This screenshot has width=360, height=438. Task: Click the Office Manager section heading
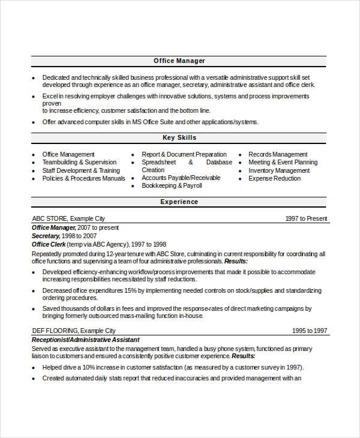pyautogui.click(x=179, y=61)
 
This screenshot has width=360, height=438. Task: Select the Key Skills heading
pyautogui.click(x=179, y=137)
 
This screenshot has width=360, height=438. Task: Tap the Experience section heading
pyautogui.click(x=179, y=202)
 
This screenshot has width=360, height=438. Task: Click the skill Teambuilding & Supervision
pyautogui.click(x=79, y=162)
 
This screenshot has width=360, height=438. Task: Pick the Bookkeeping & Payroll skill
pyautogui.click(x=172, y=186)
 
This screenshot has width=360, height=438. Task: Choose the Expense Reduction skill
pyautogui.click(x=274, y=178)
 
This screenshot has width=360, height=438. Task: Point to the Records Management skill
pyautogui.click(x=278, y=154)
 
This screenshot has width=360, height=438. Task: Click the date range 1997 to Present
pyautogui.click(x=306, y=218)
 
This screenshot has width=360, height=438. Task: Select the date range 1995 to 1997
pyautogui.click(x=310, y=331)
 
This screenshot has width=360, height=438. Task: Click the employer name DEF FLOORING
pyautogui.click(x=55, y=331)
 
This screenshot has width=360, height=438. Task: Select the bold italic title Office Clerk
pyautogui.click(x=49, y=245)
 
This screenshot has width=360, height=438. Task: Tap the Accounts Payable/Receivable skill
pyautogui.click(x=181, y=178)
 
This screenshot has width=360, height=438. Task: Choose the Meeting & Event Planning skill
pyautogui.click(x=283, y=162)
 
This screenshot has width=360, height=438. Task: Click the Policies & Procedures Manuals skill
pyautogui.click(x=83, y=178)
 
